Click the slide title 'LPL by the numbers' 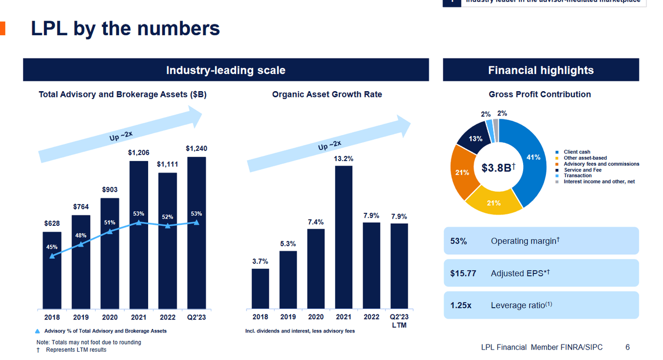point(125,28)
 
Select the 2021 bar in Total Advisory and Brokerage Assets point(139,259)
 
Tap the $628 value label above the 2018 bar point(52,223)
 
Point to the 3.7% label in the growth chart point(260,261)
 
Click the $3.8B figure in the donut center point(498,168)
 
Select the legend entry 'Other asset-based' point(585,158)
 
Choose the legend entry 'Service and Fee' point(582,170)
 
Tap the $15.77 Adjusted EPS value point(463,273)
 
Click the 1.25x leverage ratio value point(461,305)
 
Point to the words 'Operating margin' point(523,241)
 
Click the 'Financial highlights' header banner point(541,70)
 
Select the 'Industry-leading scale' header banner point(226,70)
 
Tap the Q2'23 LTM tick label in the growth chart point(399,321)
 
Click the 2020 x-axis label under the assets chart point(110,317)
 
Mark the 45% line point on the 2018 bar point(52,256)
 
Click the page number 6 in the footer point(627,347)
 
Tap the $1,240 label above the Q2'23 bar point(196,149)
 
